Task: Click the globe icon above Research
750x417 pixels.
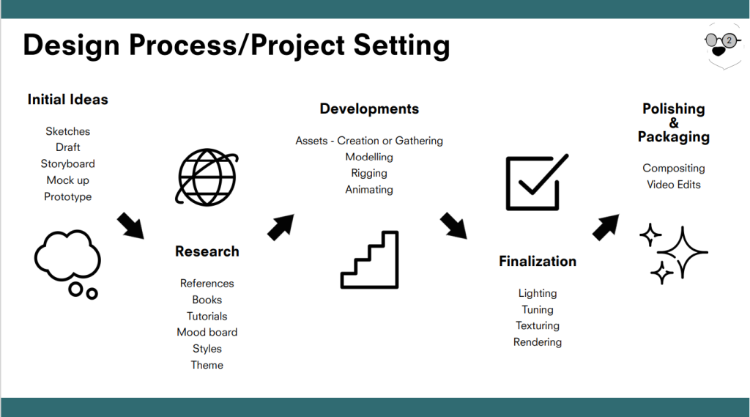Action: click(207, 177)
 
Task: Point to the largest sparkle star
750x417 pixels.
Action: click(683, 252)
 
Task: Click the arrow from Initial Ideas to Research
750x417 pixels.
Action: click(130, 226)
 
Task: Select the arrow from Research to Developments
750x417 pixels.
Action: click(281, 227)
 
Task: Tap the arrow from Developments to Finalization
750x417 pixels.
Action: click(453, 226)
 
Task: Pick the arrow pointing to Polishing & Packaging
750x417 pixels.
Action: click(606, 227)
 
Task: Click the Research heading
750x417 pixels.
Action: click(207, 251)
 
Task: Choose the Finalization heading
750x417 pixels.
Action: click(538, 261)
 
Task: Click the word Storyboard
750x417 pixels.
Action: click(68, 163)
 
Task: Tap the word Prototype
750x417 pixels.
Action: click(68, 196)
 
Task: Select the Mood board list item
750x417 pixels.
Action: click(207, 332)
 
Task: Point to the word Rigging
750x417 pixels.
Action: click(369, 173)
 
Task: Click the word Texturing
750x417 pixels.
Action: click(538, 325)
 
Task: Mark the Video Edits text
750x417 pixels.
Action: click(674, 185)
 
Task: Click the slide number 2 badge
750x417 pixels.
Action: click(729, 40)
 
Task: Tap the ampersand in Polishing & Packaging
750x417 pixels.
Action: click(674, 122)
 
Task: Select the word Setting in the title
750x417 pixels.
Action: click(402, 45)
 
